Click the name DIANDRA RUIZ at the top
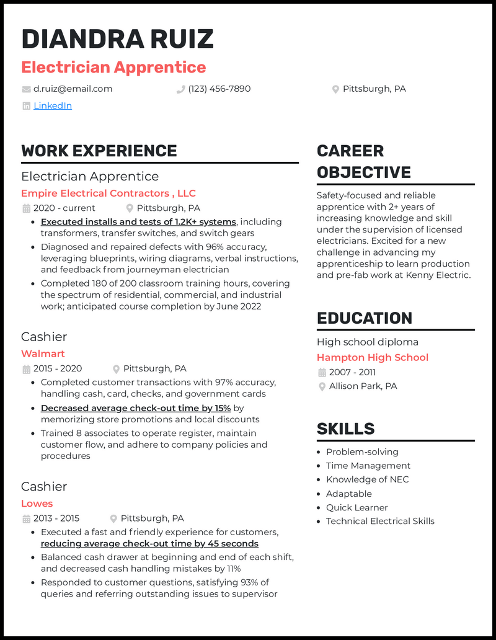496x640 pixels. coord(117,39)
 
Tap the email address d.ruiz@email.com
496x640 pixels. coord(73,89)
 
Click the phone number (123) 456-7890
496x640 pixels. coord(219,89)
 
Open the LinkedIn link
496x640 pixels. coord(53,106)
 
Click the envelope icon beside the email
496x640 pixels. coord(26,89)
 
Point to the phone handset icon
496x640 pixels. coord(180,89)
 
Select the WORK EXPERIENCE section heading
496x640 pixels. coord(99,151)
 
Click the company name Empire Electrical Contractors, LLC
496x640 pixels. coord(108,193)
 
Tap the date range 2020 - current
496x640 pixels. coord(64,208)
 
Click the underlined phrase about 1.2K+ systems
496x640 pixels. coord(138,222)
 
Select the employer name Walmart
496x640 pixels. coord(43,353)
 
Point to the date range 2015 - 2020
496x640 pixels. coord(58,368)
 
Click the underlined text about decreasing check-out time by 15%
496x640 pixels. coord(136,408)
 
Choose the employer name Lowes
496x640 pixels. coord(37,504)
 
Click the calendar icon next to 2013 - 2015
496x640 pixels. coord(26,519)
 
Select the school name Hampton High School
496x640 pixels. coord(373,357)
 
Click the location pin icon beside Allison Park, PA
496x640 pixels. coord(322,386)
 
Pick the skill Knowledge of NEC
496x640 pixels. coord(367,479)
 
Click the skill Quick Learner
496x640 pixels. coord(357,507)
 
